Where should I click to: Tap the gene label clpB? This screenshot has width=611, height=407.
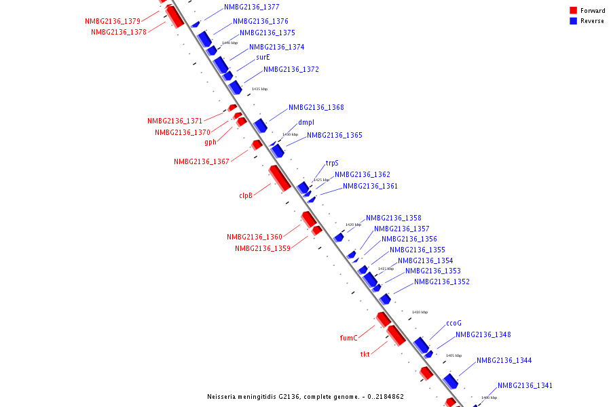(246, 195)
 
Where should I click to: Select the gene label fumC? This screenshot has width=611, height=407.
(348, 338)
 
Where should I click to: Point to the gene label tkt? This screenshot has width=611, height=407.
(365, 354)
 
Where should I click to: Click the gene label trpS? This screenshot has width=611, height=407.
(332, 163)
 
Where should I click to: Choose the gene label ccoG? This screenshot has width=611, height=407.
(453, 323)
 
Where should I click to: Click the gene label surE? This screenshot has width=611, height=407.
(263, 58)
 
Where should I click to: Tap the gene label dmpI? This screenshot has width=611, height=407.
(306, 123)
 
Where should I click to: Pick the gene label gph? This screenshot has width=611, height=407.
(210, 142)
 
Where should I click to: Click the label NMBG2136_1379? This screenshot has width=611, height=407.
(113, 21)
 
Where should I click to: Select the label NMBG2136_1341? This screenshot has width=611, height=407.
(525, 385)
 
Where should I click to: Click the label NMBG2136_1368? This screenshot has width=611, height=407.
(316, 107)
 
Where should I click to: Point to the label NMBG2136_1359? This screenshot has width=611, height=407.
(263, 248)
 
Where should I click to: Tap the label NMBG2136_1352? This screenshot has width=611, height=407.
(441, 282)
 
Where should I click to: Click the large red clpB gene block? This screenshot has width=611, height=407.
(280, 178)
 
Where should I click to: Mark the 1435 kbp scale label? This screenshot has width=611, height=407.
(259, 89)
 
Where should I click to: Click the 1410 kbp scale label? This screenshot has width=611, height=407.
(420, 312)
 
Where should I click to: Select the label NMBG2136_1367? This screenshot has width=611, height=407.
(201, 161)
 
